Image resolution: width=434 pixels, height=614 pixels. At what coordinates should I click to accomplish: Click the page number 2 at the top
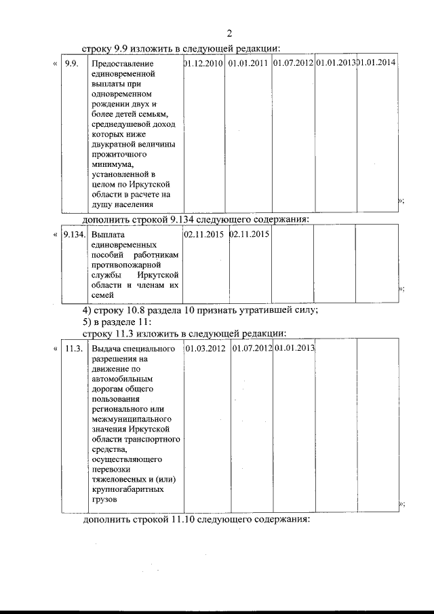click(229, 33)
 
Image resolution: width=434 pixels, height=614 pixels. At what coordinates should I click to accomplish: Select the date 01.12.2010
click(203, 63)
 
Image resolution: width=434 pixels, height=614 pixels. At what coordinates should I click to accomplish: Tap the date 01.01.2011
click(248, 63)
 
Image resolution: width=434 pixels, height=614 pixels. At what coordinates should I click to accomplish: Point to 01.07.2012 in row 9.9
click(293, 63)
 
